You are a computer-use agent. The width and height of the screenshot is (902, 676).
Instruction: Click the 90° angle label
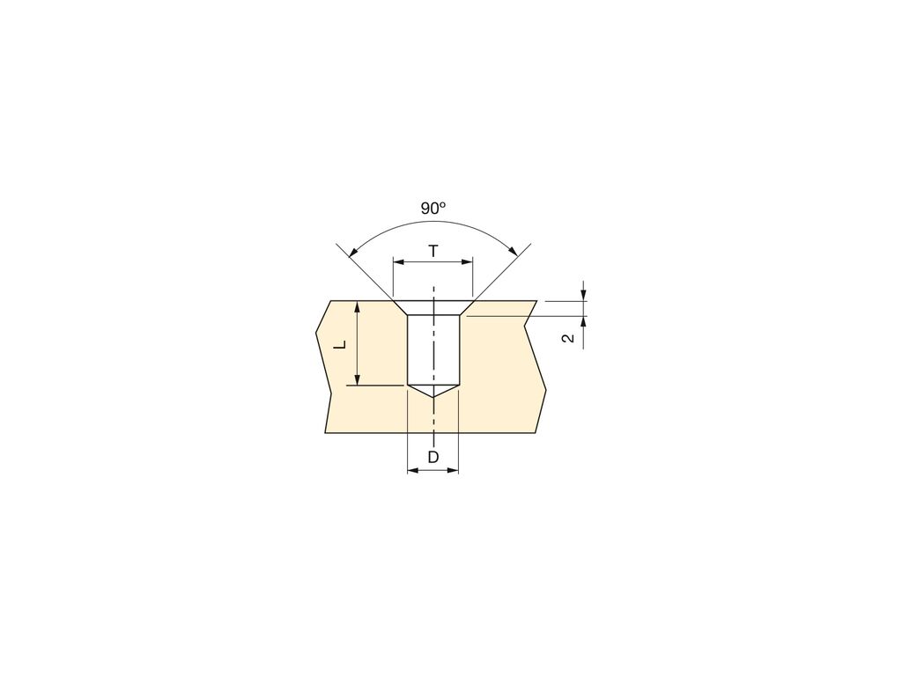point(433,209)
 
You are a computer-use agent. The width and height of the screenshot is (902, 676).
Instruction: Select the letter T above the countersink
point(433,252)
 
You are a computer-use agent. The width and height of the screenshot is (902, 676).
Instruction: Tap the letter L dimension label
point(339,345)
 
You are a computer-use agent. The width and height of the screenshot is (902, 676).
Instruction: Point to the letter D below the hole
point(433,457)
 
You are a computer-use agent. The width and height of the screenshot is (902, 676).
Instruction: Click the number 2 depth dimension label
point(569,338)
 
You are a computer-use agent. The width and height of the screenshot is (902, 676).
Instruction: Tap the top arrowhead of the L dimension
point(357,305)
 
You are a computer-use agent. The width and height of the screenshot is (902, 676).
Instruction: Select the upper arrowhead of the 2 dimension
point(583,295)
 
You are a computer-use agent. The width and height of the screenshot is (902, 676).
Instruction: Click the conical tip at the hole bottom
point(433,390)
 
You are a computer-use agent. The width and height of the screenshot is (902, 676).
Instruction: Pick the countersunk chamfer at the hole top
point(433,307)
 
